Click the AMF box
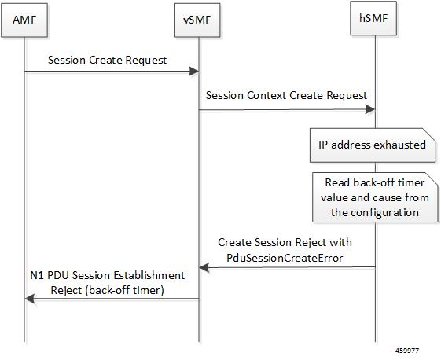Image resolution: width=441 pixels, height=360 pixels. point(24,20)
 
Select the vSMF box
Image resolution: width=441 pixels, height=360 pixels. point(197,20)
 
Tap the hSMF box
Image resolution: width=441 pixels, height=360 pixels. point(373,18)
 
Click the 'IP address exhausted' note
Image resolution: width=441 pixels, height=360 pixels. point(373,145)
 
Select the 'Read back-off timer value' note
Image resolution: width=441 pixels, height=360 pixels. point(375,197)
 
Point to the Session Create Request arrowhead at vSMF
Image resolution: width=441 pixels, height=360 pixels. point(194,72)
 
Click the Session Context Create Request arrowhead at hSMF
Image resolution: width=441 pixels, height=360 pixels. point(370,108)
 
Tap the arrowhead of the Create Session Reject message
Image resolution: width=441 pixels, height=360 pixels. point(204,267)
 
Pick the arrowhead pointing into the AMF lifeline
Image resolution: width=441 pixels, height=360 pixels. point(30,299)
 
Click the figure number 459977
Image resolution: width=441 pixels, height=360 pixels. point(407,351)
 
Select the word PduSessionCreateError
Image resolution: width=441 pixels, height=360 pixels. point(285,258)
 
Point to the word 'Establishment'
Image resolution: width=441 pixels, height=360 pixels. point(149,275)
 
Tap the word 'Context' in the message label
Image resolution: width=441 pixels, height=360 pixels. point(266,95)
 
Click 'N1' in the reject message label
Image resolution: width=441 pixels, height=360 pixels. point(37,275)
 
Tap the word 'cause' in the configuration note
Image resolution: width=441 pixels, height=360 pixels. point(380,198)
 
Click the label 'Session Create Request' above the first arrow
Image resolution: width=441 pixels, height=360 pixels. point(107,61)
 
